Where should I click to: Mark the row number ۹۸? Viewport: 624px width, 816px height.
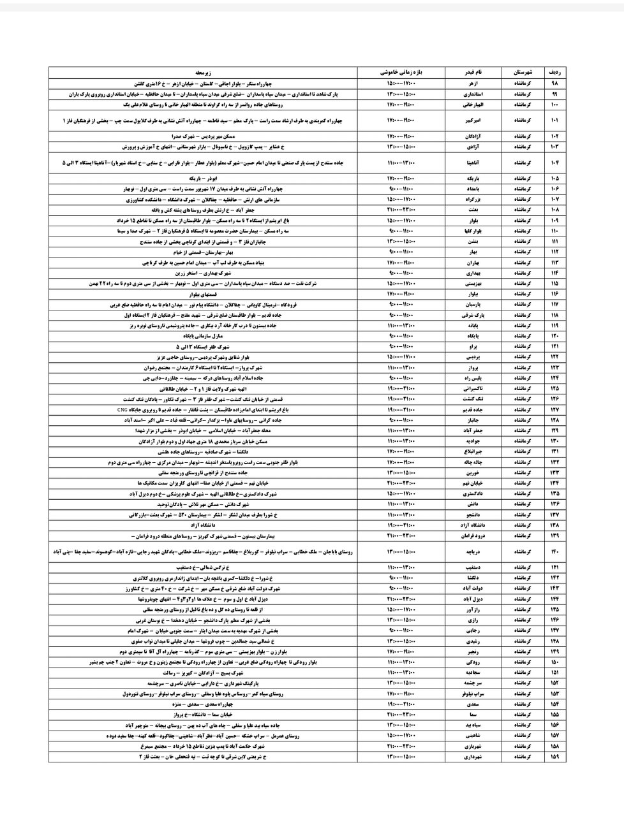pos(554,84)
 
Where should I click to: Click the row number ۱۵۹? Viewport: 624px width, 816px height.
pos(554,757)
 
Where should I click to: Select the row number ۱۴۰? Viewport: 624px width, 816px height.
pos(554,550)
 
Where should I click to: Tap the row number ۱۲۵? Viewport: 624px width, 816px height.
pos(554,388)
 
